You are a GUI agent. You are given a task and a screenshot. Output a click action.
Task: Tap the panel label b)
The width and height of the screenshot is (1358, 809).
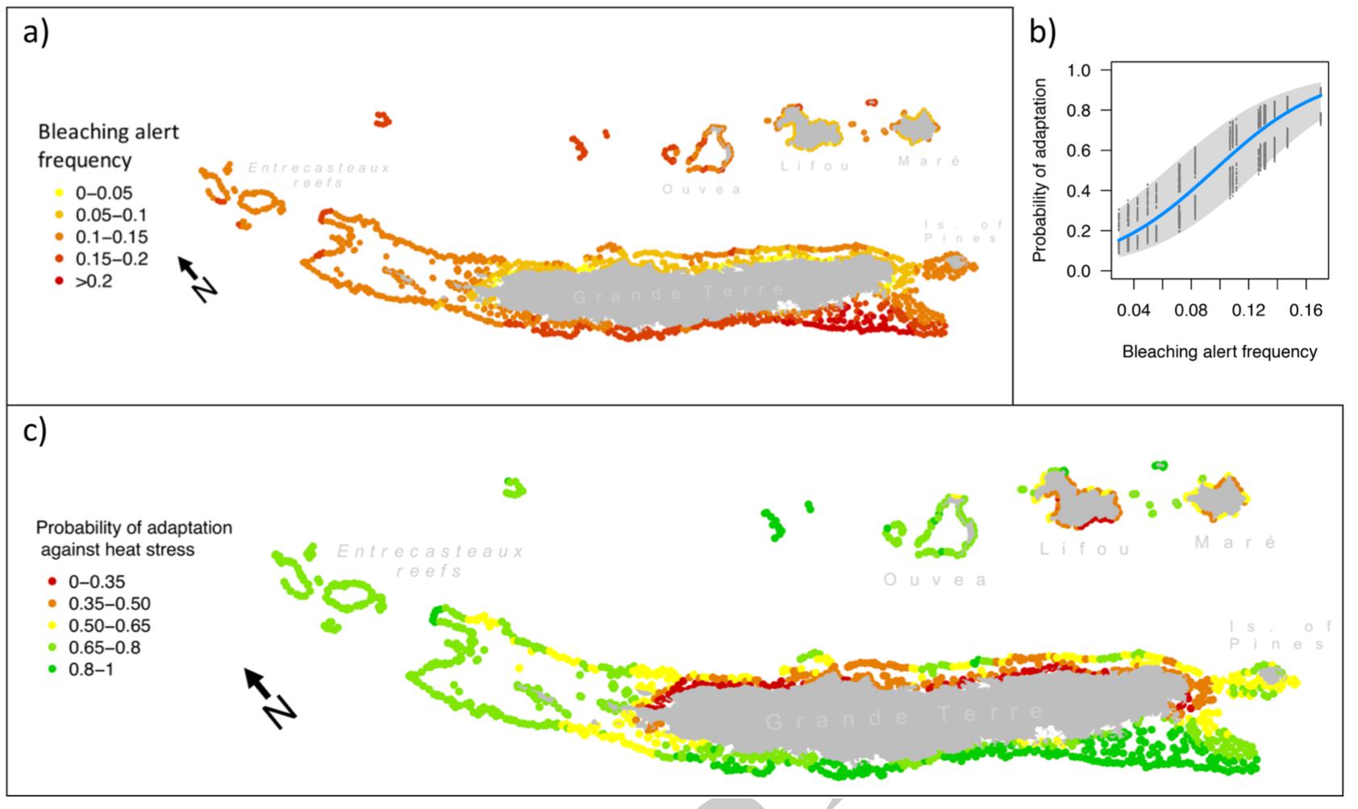1043,31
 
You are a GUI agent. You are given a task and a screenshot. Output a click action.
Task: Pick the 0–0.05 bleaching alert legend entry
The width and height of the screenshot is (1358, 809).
104,193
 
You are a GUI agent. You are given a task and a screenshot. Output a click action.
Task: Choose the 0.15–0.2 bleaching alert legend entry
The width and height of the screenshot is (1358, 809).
112,259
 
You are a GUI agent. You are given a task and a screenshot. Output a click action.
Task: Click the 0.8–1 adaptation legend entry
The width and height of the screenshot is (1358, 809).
91,670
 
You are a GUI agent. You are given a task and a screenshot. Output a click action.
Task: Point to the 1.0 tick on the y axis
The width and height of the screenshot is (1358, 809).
1078,71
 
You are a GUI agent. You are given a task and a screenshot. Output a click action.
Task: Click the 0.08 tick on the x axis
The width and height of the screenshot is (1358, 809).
1191,310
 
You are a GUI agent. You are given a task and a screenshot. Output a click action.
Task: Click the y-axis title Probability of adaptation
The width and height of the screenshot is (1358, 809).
1039,170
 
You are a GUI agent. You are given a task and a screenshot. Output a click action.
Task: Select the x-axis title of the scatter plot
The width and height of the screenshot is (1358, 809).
1219,352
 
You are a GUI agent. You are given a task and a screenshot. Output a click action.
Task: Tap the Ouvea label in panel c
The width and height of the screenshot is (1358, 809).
935,580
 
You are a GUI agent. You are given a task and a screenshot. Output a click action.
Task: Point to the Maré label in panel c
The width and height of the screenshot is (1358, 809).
1235,543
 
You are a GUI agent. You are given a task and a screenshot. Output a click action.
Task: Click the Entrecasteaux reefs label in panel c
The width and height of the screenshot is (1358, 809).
430,561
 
